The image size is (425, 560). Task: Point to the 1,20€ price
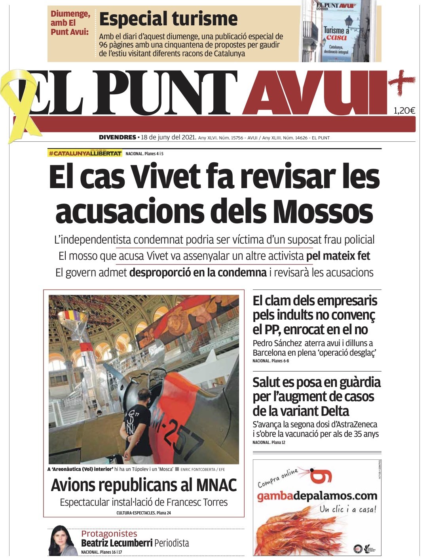[x=404, y=110]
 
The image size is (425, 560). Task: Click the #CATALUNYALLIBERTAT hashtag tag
[x=85, y=153]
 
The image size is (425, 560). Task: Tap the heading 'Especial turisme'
[x=168, y=19]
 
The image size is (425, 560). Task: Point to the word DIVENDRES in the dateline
[x=117, y=138]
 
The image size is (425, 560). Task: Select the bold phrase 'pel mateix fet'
[x=338, y=256]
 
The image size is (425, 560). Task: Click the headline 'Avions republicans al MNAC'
[x=144, y=485]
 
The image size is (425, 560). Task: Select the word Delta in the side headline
[x=330, y=411]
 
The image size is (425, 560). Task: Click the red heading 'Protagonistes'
[x=109, y=533]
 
